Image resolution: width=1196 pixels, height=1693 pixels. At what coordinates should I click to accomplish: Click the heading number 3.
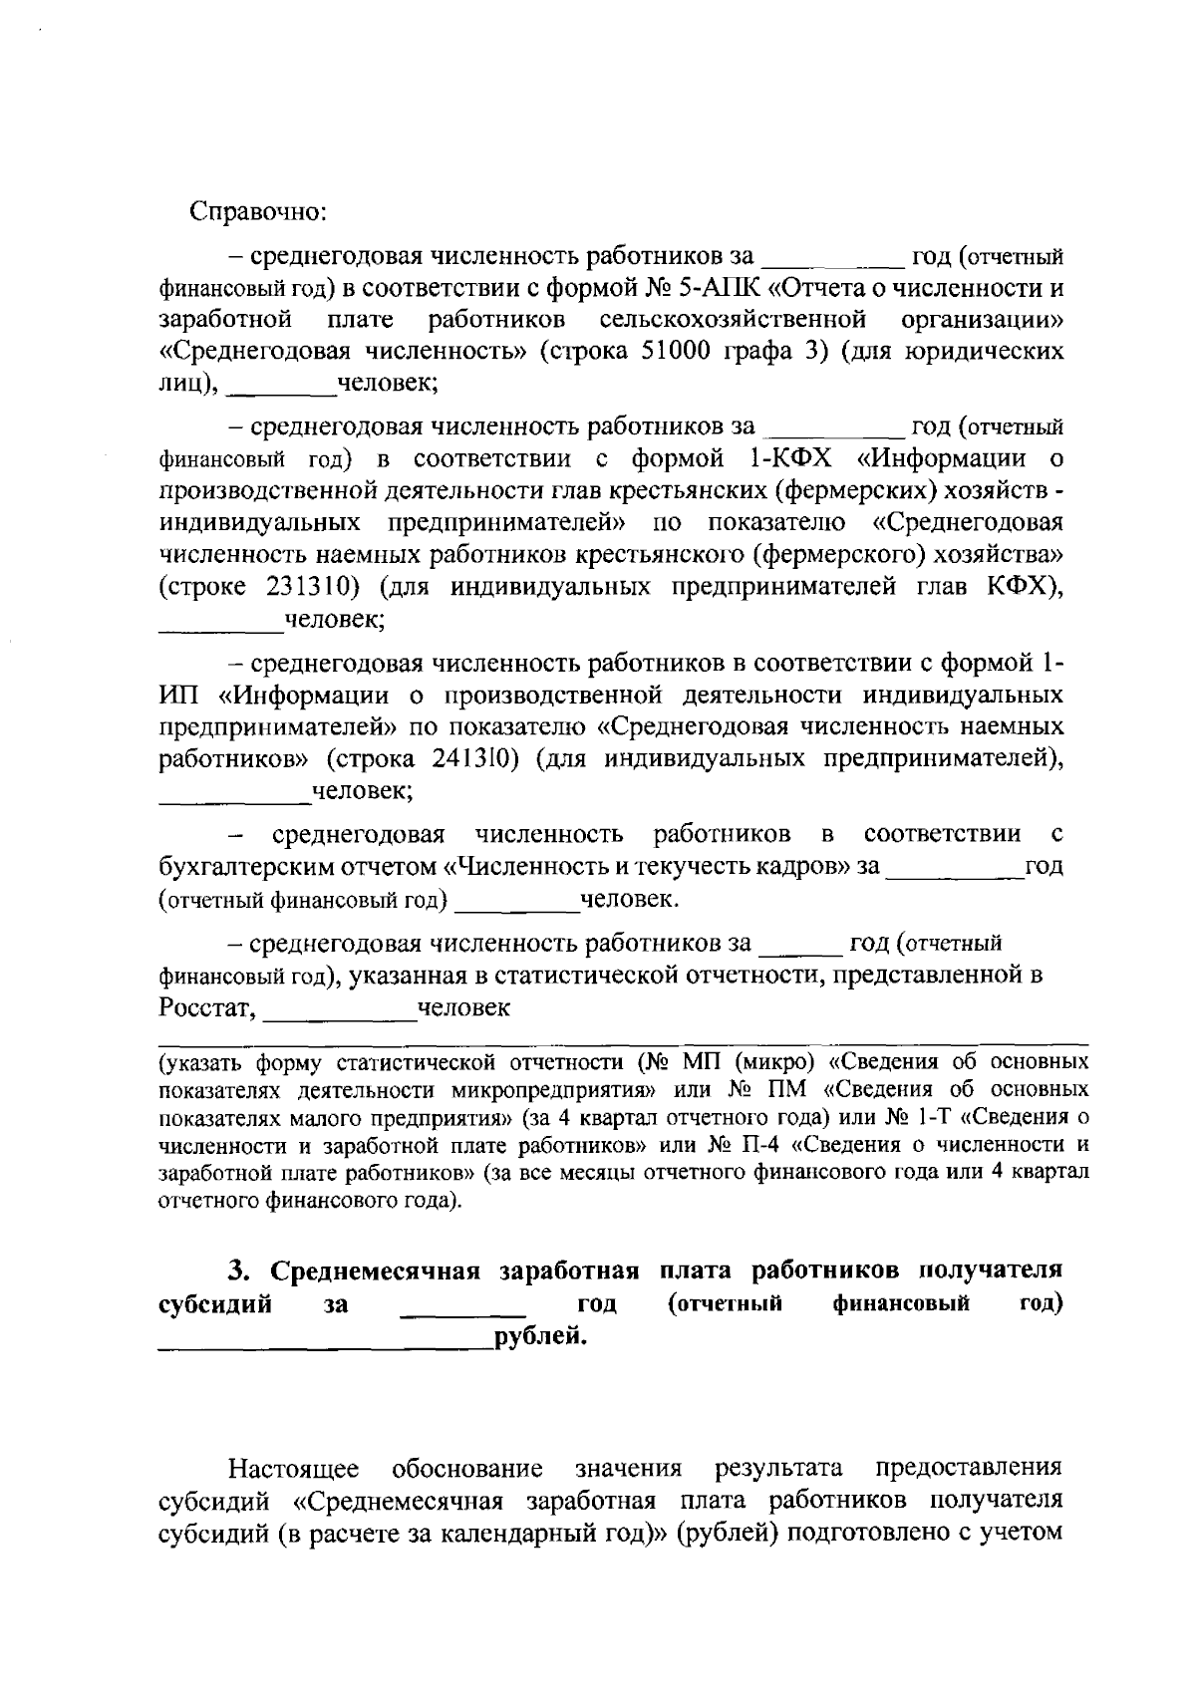click(236, 1270)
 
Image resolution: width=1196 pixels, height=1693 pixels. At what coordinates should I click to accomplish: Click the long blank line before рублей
click(326, 1344)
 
